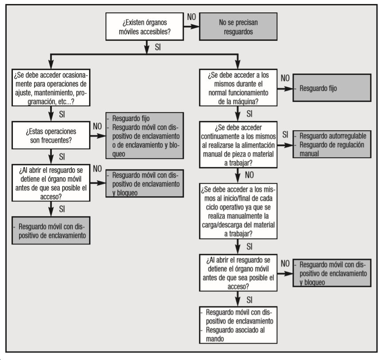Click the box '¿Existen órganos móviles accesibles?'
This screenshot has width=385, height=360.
click(144, 27)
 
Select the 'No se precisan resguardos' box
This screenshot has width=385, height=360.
click(238, 27)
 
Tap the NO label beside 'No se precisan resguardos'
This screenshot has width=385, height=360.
click(191, 17)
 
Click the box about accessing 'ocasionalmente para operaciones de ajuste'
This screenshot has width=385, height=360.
click(51, 88)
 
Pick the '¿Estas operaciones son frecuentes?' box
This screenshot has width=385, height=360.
click(51, 135)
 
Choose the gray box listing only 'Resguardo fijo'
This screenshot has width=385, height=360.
click(332, 88)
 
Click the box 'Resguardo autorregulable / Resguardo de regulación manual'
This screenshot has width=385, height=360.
click(332, 144)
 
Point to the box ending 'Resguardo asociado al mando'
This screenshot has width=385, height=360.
click(238, 325)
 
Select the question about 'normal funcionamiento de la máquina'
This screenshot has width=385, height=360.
click(238, 88)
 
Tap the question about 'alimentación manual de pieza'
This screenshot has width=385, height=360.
click(238, 145)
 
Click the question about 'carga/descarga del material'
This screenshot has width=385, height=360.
click(238, 211)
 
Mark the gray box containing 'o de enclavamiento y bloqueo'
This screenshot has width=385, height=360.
click(144, 135)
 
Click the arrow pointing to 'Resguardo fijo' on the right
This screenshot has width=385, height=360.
click(285, 89)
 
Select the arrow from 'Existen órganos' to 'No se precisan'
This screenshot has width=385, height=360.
click(191, 27)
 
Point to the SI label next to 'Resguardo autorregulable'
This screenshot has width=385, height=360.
click(285, 135)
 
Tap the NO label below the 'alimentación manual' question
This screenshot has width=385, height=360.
click(249, 175)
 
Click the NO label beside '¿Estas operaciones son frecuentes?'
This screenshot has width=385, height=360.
click(97, 126)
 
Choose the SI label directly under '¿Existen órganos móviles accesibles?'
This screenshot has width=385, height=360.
click(158, 47)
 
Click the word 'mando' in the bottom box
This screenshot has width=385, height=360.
click(215, 339)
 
